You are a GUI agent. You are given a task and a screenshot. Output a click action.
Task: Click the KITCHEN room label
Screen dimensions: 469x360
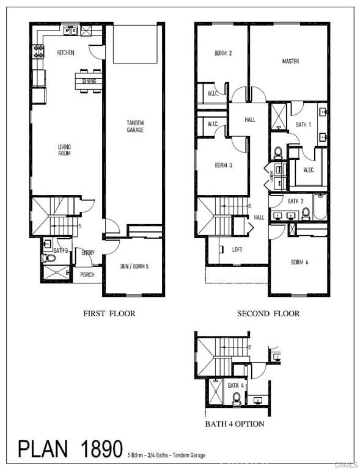pyautogui.click(x=65, y=53)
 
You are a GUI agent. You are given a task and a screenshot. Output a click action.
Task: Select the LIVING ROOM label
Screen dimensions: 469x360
pyautogui.click(x=64, y=150)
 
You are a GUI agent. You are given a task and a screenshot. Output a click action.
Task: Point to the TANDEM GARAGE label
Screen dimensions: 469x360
pyautogui.click(x=135, y=126)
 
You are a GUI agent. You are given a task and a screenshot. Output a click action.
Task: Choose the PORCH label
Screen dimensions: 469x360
pyautogui.click(x=87, y=274)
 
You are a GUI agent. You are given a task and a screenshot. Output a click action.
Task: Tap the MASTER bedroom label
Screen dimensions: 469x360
pyautogui.click(x=290, y=61)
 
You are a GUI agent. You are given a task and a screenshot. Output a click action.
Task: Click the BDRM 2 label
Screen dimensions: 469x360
pyautogui.click(x=223, y=53)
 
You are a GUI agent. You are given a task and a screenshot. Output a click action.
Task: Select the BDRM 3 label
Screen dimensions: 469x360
pyautogui.click(x=222, y=165)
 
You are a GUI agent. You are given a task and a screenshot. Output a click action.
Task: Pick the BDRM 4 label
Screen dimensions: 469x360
pyautogui.click(x=299, y=262)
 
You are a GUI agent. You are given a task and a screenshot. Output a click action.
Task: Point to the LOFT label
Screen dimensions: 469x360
pyautogui.click(x=237, y=249)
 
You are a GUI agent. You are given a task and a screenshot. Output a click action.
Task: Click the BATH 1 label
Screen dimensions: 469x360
pyautogui.click(x=304, y=125)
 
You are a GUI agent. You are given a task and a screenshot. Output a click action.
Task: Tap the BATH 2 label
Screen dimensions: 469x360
pyautogui.click(x=296, y=201)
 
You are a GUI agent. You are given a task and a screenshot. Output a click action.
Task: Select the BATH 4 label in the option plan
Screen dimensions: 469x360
pyautogui.click(x=236, y=385)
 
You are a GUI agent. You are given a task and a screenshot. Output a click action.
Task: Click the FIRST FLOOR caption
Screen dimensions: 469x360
pyautogui.click(x=109, y=313)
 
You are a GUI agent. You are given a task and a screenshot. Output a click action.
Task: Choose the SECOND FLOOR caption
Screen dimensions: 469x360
pyautogui.click(x=268, y=313)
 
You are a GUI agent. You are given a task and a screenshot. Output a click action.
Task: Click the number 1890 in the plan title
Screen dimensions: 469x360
pyautogui.click(x=97, y=449)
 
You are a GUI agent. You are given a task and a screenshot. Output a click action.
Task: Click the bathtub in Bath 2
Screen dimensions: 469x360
pyautogui.click(x=320, y=207)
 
